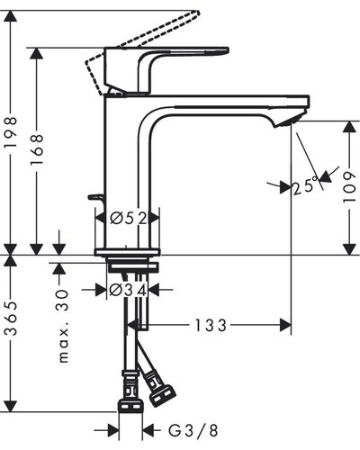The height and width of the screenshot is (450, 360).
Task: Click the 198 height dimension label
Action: (11, 132)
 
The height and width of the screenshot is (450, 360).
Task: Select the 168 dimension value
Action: (37, 149)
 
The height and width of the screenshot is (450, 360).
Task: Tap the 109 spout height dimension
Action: (349, 187)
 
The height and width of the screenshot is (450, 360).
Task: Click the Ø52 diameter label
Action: (129, 219)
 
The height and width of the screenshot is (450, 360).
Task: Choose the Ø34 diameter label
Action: (128, 291)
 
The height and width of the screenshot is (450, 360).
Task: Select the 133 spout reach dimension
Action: (211, 326)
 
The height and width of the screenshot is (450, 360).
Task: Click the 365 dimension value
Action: (11, 319)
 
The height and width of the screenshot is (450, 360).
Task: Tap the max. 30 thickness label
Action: (63, 326)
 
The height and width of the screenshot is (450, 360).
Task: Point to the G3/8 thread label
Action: (193, 431)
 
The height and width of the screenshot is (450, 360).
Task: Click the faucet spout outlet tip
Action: (290, 121)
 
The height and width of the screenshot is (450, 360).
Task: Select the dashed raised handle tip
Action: (195, 13)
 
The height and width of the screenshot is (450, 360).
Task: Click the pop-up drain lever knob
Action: (95, 197)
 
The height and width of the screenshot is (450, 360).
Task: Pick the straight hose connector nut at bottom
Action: (130, 406)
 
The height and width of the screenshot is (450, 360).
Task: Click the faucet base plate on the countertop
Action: (127, 252)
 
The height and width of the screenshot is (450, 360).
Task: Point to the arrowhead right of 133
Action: (285, 325)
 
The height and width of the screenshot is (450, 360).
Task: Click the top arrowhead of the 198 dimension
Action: (11, 16)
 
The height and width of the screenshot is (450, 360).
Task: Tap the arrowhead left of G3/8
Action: (113, 431)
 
